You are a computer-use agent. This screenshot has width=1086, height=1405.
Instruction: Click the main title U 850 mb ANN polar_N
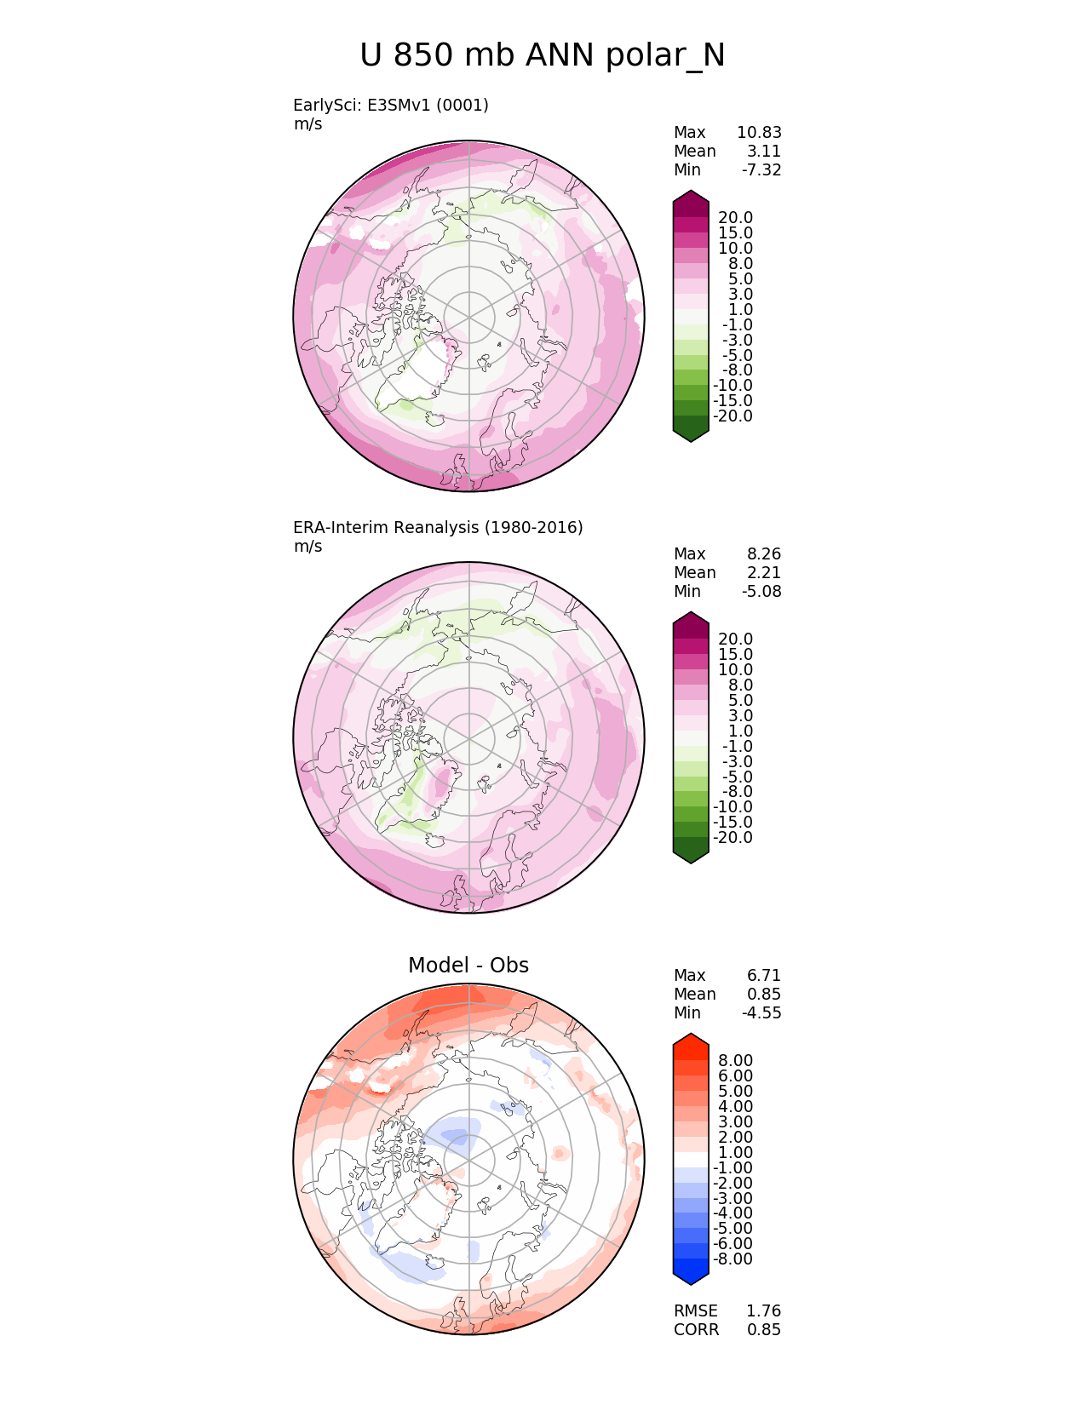point(542,56)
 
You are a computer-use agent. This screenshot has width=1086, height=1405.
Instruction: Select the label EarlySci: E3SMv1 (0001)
point(390,105)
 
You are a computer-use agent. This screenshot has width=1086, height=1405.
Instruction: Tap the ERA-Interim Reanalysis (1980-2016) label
point(438,527)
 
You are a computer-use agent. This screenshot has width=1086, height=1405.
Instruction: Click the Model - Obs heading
point(468,965)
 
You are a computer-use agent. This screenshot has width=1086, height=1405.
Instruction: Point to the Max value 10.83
point(759,132)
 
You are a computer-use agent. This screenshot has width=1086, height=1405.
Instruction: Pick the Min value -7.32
point(761,169)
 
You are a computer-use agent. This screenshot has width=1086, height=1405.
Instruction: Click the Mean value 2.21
point(765,572)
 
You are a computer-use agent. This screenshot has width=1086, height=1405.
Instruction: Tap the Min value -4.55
point(761,1012)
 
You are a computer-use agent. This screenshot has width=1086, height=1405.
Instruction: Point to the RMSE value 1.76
point(764,1310)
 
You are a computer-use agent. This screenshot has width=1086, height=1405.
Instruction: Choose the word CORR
point(696,1329)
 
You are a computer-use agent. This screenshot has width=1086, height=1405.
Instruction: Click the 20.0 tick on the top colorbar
point(735,218)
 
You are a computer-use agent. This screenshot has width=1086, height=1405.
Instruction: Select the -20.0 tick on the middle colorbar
point(733,837)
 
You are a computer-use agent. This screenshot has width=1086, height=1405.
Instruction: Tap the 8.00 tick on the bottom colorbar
point(735,1060)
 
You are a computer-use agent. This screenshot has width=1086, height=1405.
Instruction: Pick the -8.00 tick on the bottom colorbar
point(733,1259)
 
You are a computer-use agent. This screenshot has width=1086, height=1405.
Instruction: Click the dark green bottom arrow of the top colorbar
point(691,431)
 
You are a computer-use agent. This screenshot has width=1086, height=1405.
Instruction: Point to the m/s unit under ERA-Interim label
point(307,546)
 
